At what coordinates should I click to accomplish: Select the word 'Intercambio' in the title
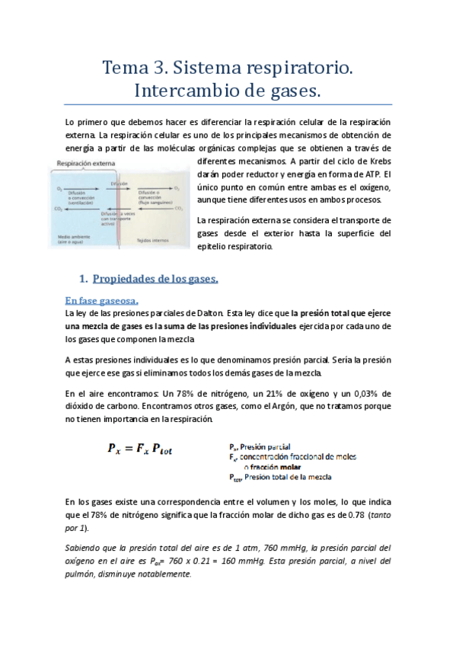[x=192, y=91]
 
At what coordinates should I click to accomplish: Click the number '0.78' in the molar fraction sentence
[x=356, y=516]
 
